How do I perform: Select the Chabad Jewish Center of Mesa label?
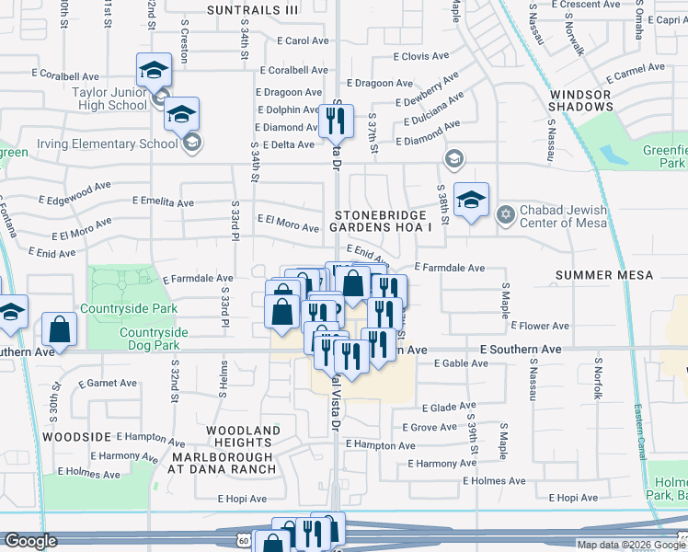tap(556, 219)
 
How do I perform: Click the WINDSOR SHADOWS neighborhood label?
tap(580, 101)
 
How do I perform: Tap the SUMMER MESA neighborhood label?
tap(603, 275)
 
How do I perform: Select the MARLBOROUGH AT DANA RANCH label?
tap(222, 462)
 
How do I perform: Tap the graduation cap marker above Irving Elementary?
tap(182, 115)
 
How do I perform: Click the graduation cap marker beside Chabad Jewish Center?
tap(472, 201)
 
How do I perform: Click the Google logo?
tap(30, 541)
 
